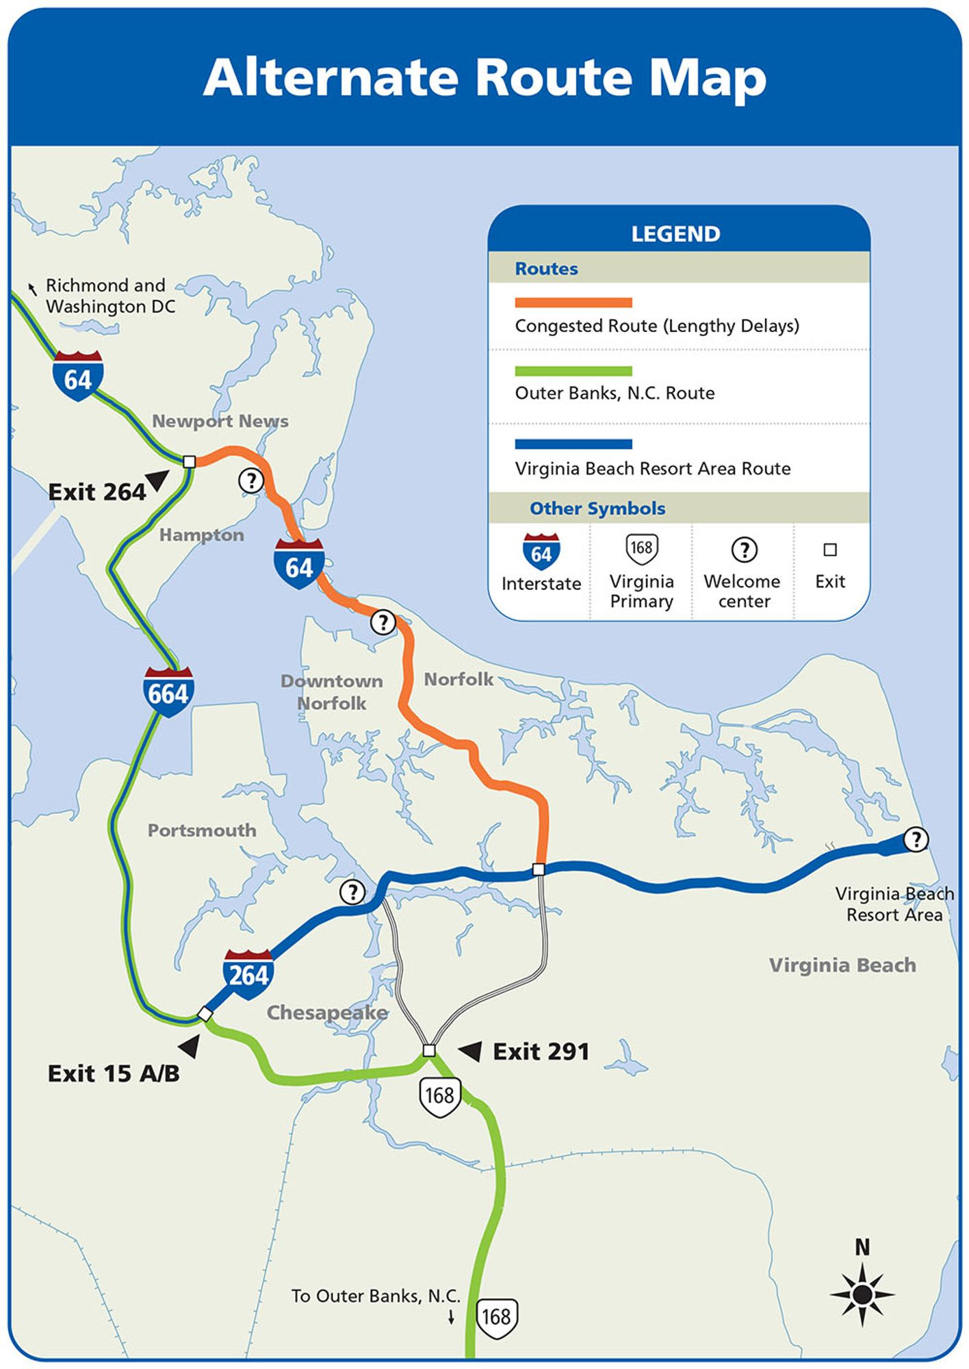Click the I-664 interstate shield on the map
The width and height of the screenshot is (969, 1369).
pos(168,692)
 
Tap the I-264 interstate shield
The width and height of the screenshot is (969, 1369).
pos(248,973)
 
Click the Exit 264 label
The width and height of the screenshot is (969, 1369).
pos(97,492)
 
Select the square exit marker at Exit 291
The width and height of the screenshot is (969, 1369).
pos(429,1050)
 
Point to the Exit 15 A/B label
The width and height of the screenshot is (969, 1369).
pos(114,1073)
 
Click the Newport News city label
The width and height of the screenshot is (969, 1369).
pos(220,421)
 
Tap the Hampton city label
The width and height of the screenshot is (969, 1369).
pos(201,535)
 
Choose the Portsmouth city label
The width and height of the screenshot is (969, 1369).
pos(202,830)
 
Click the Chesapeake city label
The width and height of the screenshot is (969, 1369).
pos(327,1012)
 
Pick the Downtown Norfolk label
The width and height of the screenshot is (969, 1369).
pos(331,692)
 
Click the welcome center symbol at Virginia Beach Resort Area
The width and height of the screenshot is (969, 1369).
pos(916,839)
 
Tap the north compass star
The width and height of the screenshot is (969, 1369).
pos(862,1294)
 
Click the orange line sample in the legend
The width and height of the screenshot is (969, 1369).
pos(573,303)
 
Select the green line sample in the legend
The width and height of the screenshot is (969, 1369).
pos(573,371)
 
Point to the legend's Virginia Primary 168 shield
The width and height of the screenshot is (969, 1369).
pos(641,548)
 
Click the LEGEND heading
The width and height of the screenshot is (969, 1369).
pos(675,234)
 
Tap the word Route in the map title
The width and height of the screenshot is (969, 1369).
pos(553,77)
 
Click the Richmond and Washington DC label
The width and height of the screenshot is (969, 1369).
pos(109,296)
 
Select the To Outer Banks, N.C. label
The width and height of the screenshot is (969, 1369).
pos(376,1296)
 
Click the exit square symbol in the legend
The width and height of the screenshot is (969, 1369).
pos(830,550)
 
